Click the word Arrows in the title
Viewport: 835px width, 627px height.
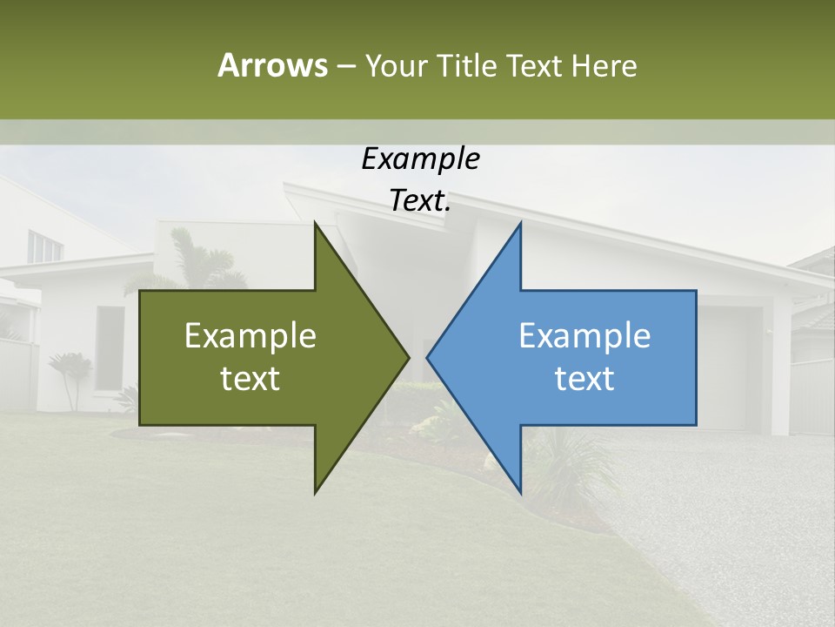click(x=273, y=65)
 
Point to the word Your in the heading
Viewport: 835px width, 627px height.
click(x=397, y=65)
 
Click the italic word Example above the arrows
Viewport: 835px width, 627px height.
click(x=420, y=159)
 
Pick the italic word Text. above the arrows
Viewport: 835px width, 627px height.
click(x=420, y=201)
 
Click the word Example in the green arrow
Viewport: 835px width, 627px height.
click(x=250, y=336)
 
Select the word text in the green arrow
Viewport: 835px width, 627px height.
click(x=250, y=379)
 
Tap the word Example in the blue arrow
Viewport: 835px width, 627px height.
click(x=584, y=336)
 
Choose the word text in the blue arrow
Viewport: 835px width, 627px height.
click(x=584, y=379)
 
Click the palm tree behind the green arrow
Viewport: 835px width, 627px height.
click(x=195, y=257)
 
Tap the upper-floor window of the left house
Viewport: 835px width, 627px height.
click(x=43, y=246)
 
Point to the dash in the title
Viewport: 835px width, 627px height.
click(x=345, y=66)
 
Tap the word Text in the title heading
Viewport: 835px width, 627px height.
click(x=535, y=65)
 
